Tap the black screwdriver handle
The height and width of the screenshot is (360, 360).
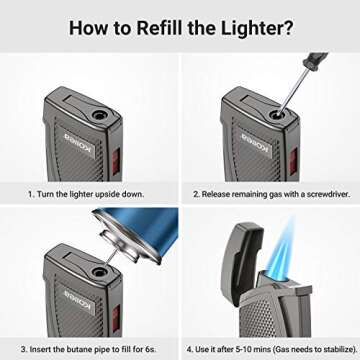click(x=318, y=63)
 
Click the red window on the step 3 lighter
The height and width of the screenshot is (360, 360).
click(x=122, y=326)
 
